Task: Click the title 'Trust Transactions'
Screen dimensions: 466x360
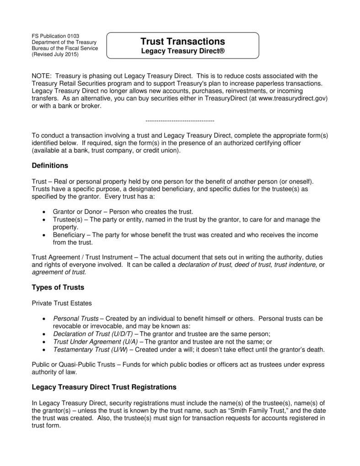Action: pos(182,42)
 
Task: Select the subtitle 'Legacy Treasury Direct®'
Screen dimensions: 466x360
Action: pos(182,52)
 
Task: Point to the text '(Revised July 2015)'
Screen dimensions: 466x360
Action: pos(55,54)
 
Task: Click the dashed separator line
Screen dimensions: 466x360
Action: pos(180,121)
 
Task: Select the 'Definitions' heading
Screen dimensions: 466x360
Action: pos(50,165)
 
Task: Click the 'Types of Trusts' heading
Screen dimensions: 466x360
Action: pos(58,287)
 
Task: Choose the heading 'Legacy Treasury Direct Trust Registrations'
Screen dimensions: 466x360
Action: pos(104,387)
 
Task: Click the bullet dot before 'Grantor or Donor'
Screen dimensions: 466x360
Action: pos(43,212)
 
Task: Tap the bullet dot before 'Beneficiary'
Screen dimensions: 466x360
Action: pos(43,235)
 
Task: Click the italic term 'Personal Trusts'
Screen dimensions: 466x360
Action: pos(75,318)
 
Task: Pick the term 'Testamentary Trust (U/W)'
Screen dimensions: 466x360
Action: pos(90,349)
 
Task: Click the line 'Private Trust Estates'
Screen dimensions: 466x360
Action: pos(62,303)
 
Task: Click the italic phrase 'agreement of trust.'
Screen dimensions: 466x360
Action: pos(59,272)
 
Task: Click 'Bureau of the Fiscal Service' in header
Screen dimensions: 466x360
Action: pos(64,48)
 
